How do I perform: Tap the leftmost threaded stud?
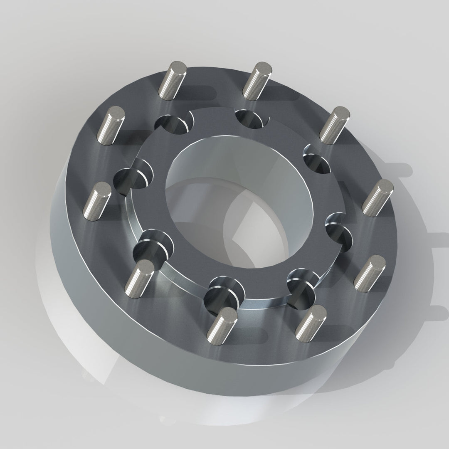[x=97, y=201]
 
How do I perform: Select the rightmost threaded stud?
[x=377, y=197]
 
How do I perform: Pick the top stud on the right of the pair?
[x=257, y=81]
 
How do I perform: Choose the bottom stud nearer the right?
[x=311, y=323]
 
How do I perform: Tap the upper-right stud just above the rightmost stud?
[x=334, y=125]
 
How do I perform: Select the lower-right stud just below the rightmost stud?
[x=370, y=273]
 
